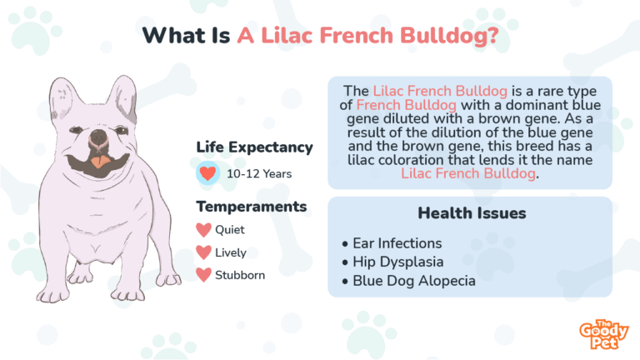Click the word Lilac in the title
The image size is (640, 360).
pos(287,35)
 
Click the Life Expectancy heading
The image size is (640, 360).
pos(254,147)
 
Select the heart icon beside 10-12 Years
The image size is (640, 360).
pos(207,173)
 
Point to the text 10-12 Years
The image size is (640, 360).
pos(259,174)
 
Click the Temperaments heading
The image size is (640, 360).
pos(252,207)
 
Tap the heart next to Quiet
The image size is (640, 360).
pos(203,230)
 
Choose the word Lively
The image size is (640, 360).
pos(231,253)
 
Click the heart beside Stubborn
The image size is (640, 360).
pos(203,275)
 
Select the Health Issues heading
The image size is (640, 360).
pos(472,213)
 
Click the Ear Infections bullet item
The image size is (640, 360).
pos(392,243)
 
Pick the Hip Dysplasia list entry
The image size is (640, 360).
pos(393,262)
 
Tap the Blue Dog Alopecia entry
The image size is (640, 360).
pos(409,281)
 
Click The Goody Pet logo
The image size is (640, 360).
pos(603,335)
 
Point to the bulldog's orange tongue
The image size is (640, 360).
pos(100,162)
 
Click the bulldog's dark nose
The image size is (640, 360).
pos(98,136)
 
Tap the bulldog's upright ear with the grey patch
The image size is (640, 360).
pos(122,99)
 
